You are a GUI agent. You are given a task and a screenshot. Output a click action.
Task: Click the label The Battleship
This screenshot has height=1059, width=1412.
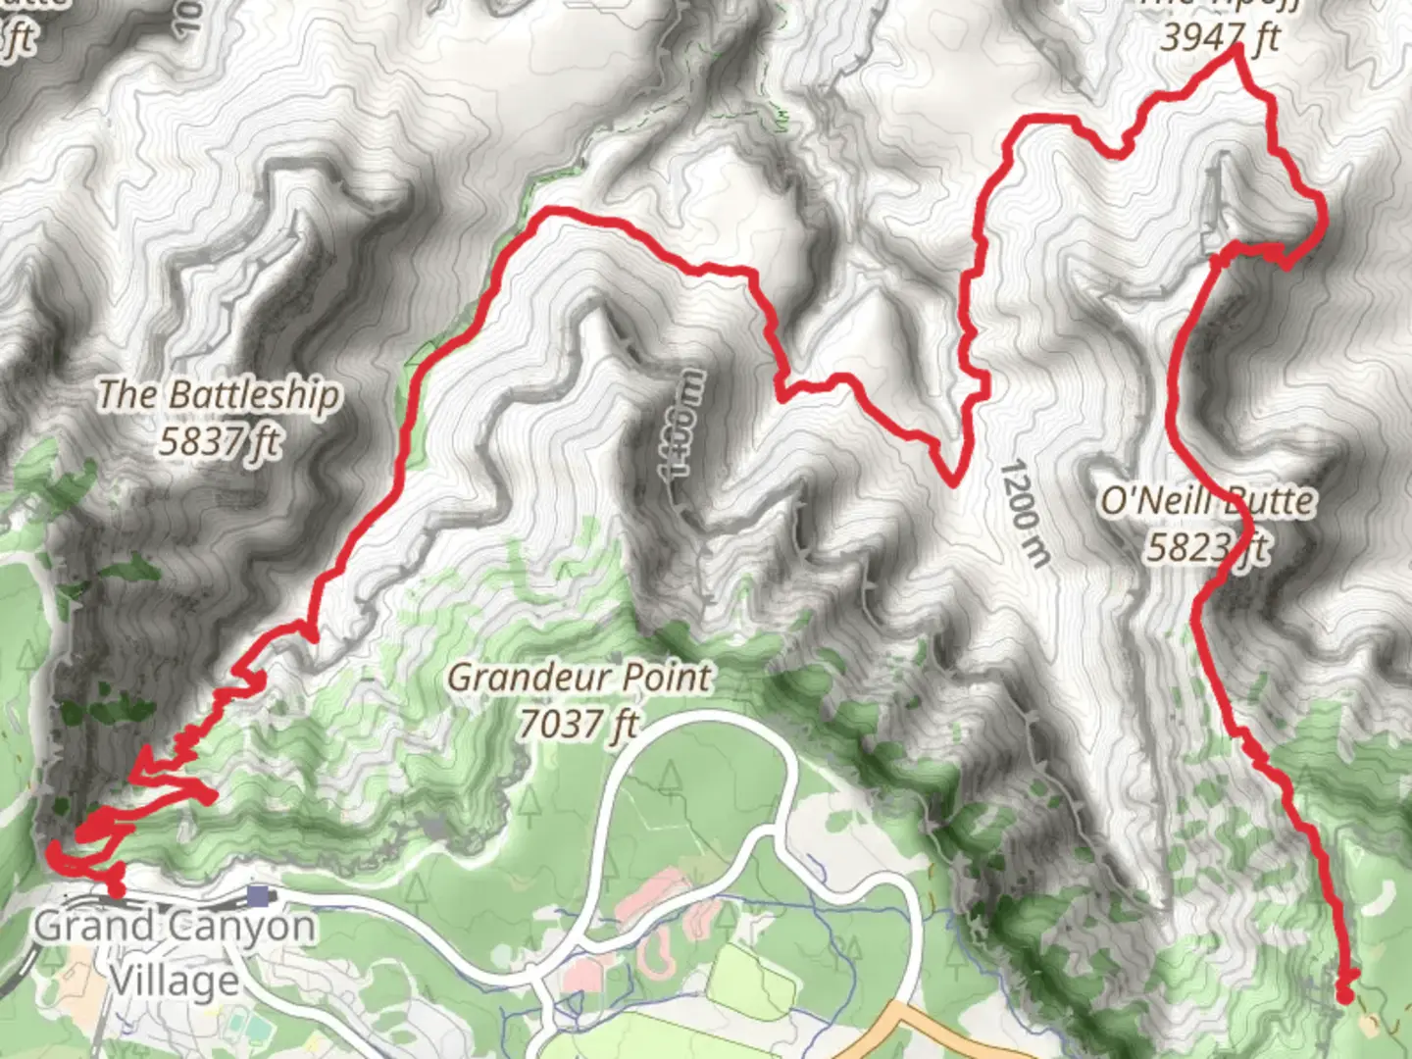(218, 394)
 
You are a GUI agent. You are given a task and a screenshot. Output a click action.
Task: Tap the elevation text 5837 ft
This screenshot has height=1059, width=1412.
(220, 441)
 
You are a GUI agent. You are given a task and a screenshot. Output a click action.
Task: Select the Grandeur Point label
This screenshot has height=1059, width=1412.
(579, 677)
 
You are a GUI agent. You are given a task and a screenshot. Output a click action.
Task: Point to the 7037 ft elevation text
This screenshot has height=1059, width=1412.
(579, 724)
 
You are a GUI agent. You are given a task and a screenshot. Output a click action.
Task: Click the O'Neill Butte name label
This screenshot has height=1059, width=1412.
(1206, 501)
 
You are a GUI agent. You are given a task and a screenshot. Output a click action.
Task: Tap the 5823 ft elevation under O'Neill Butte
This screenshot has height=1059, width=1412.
(1208, 547)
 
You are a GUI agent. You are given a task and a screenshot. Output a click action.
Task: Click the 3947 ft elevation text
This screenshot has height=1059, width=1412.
(1219, 37)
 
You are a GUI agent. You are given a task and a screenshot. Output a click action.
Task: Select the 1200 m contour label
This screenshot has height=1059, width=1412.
(1025, 513)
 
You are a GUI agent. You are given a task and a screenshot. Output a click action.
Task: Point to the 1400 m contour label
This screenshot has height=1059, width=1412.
(684, 424)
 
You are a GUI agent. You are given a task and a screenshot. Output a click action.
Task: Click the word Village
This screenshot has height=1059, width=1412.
(174, 979)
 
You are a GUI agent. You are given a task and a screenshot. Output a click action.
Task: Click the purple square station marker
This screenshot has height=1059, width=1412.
(259, 894)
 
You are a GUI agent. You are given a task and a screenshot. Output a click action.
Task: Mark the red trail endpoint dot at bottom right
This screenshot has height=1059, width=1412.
(1345, 995)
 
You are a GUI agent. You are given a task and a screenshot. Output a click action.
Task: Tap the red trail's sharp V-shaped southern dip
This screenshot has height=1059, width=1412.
(952, 480)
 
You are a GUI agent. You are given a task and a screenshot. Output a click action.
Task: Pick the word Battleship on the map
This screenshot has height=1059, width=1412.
(254, 394)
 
